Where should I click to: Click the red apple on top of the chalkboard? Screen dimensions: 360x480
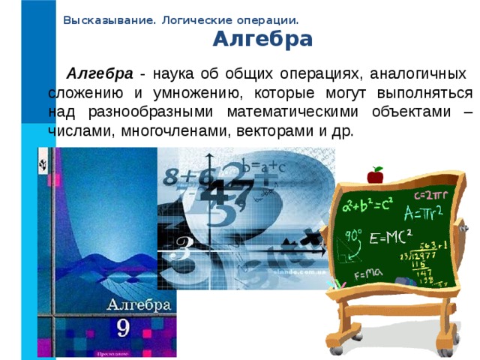click(x=374, y=175)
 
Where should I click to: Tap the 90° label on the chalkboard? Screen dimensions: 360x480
click(x=353, y=234)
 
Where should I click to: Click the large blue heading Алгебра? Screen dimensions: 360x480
click(x=262, y=39)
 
